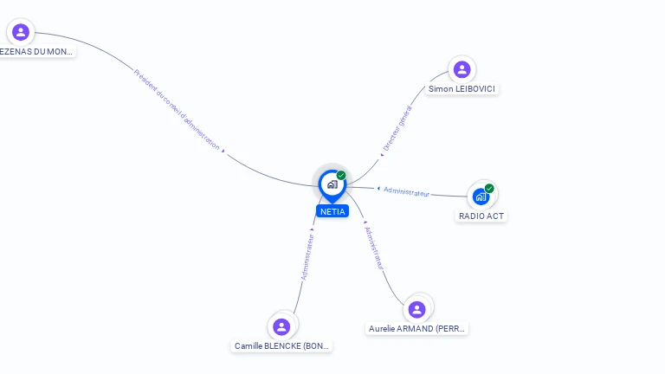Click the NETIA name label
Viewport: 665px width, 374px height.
(332, 211)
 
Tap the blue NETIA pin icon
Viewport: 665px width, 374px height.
(332, 184)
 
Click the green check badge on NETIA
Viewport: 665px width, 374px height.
(341, 176)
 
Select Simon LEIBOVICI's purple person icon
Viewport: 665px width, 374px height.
(462, 69)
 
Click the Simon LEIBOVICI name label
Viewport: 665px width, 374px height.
(462, 89)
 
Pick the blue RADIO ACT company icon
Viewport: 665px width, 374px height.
(481, 197)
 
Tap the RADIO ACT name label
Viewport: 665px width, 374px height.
(481, 216)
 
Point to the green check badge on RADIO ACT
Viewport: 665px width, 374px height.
(489, 189)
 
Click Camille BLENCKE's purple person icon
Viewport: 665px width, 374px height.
(281, 326)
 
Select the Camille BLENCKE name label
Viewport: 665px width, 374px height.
(282, 345)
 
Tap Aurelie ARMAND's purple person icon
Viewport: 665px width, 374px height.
(416, 309)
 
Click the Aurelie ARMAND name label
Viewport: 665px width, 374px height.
(417, 328)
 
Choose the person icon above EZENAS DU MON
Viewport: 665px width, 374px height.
(21, 32)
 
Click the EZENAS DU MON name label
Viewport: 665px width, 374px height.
(36, 51)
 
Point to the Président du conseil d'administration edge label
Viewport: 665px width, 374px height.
(177, 109)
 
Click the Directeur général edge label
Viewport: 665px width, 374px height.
(397, 129)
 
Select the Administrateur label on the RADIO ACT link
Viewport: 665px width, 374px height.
(407, 192)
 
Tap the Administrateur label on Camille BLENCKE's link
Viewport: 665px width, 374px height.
(307, 255)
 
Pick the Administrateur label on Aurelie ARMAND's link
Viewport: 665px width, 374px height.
(374, 248)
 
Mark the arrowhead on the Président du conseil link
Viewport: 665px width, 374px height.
(223, 152)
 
